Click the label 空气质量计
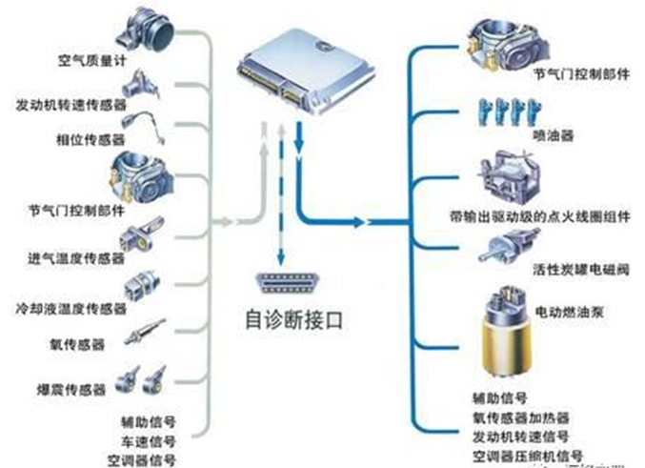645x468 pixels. pos(92,66)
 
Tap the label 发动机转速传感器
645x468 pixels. pos(71,103)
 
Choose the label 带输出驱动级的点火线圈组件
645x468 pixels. pos(540,217)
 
